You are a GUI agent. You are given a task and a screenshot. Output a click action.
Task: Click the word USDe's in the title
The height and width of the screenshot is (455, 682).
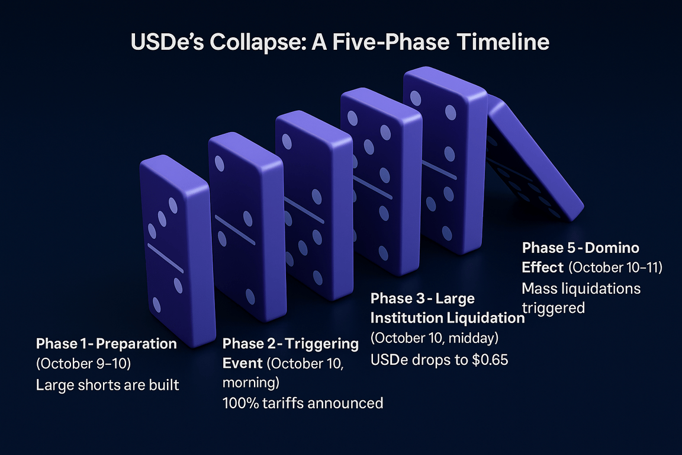click(167, 42)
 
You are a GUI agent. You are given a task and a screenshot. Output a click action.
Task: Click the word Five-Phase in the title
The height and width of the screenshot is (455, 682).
click(391, 42)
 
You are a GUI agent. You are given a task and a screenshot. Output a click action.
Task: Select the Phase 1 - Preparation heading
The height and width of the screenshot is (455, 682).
click(107, 344)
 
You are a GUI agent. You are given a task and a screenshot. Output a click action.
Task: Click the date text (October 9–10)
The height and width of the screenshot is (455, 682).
click(83, 364)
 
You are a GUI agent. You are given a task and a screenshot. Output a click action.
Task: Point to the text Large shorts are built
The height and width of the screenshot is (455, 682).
click(107, 385)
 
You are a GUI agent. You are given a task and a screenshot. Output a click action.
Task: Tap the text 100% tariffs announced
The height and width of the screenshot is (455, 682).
click(303, 403)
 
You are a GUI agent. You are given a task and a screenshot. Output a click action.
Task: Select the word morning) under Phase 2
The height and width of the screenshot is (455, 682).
click(251, 383)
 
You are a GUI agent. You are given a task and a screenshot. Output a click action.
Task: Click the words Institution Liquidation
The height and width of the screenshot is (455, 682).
click(448, 318)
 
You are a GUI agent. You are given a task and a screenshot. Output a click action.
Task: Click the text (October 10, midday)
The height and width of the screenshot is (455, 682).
click(435, 338)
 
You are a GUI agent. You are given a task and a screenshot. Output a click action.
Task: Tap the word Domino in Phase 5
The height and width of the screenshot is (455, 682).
click(612, 248)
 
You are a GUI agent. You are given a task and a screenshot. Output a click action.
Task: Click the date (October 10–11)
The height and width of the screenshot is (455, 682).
click(616, 267)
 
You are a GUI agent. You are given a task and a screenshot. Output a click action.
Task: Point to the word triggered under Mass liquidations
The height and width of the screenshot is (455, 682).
click(554, 308)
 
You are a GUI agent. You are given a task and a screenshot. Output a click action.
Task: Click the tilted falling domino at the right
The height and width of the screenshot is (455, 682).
click(535, 157)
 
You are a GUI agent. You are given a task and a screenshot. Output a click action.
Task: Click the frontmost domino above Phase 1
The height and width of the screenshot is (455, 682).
click(178, 251)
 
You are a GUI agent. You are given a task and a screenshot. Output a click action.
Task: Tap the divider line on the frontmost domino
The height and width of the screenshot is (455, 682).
click(166, 258)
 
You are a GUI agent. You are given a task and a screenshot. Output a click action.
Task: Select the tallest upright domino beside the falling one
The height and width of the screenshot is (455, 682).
click(445, 160)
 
